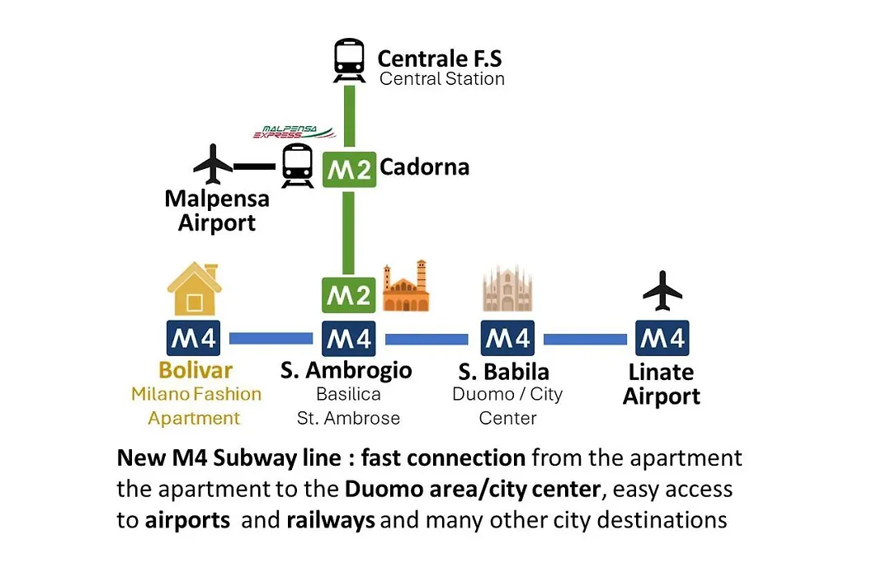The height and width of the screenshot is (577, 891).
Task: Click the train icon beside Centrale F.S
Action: pos(349,60)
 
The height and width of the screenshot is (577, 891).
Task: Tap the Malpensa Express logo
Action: pos(294,133)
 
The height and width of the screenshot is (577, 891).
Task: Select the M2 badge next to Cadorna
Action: pos(349,169)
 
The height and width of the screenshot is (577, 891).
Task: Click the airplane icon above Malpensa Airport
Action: pos(213,164)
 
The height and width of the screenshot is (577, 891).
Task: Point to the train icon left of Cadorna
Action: pos(297,165)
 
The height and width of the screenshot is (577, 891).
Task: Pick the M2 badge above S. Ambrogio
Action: pos(348,295)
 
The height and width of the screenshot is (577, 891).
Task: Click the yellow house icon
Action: pos(195,288)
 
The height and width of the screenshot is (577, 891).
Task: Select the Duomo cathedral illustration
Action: pos(507,288)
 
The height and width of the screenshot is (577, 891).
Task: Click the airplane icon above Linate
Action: pos(662,291)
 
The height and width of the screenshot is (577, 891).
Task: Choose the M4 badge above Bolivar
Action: pos(193,339)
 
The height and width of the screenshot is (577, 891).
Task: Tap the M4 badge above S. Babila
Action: pos(507,339)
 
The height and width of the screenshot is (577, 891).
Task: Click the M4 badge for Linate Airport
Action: pos(662,339)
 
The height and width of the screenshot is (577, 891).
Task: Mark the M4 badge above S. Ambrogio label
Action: pos(348,339)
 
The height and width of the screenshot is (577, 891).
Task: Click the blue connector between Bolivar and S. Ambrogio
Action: pos(271,339)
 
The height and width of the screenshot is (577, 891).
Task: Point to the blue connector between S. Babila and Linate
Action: pos(585,339)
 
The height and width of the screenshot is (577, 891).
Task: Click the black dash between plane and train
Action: pos(255,167)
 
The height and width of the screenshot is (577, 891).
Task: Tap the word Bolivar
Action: pos(196,370)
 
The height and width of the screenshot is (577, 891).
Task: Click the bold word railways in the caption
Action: pos(331,520)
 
